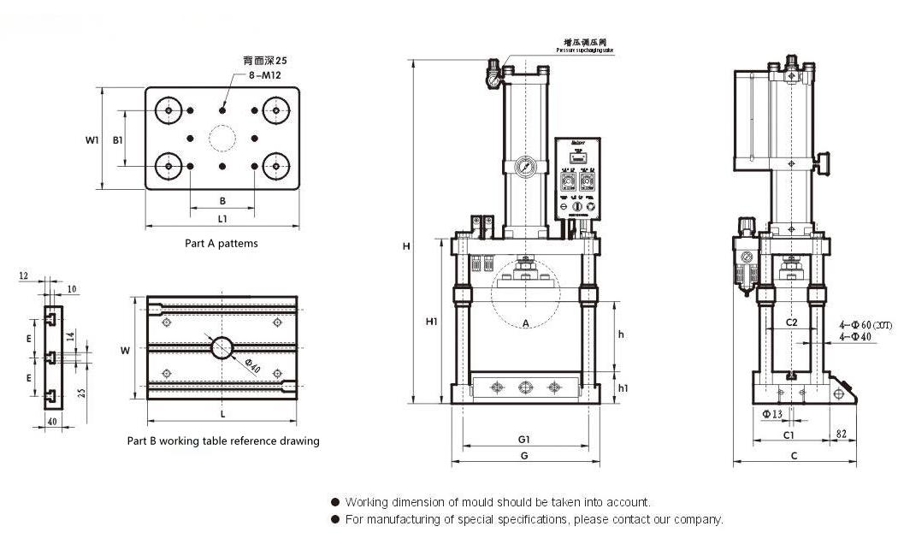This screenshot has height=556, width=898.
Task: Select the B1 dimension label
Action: (x=119, y=139)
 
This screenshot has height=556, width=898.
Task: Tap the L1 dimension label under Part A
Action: (x=222, y=219)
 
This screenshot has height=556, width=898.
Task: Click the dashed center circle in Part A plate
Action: (x=222, y=139)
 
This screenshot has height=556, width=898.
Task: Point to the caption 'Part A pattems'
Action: (x=222, y=243)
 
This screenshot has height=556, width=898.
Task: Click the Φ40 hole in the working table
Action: (x=222, y=347)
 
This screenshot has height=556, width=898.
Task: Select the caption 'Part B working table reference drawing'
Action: (x=223, y=441)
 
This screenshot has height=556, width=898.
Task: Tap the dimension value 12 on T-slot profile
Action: (x=23, y=276)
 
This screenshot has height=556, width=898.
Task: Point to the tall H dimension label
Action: (x=407, y=246)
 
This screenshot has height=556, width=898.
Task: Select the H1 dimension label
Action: (x=432, y=322)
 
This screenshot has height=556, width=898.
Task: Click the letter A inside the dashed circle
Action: (x=526, y=322)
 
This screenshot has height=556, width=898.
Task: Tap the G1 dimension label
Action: (x=524, y=439)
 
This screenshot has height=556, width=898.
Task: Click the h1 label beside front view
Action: (x=623, y=388)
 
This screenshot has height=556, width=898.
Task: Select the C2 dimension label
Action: (x=791, y=322)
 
